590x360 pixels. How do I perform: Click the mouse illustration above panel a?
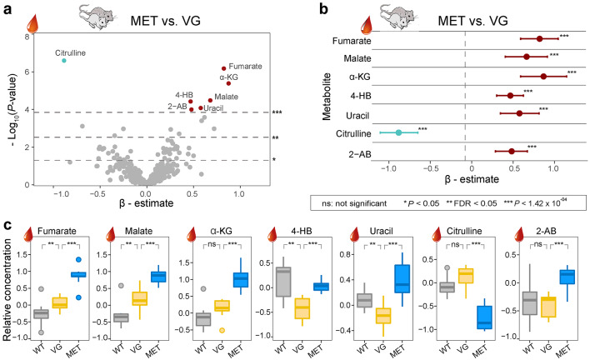pos(103,14)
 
